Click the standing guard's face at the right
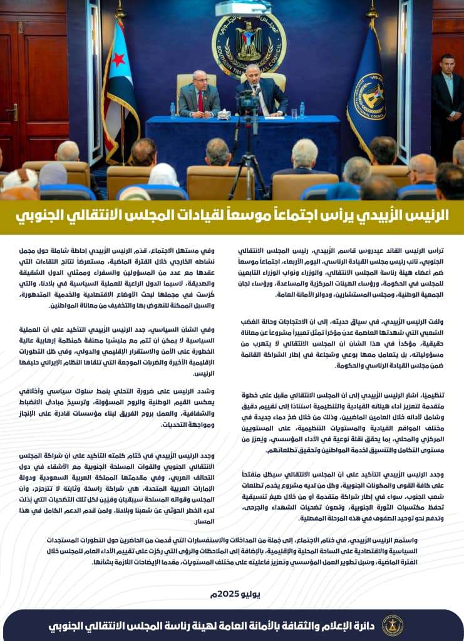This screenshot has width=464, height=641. [446, 64]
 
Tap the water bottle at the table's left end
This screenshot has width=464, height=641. [173, 110]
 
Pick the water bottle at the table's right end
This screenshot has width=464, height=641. [302, 110]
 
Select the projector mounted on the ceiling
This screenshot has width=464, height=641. [242, 8]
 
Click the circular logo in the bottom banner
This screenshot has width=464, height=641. [393, 625]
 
